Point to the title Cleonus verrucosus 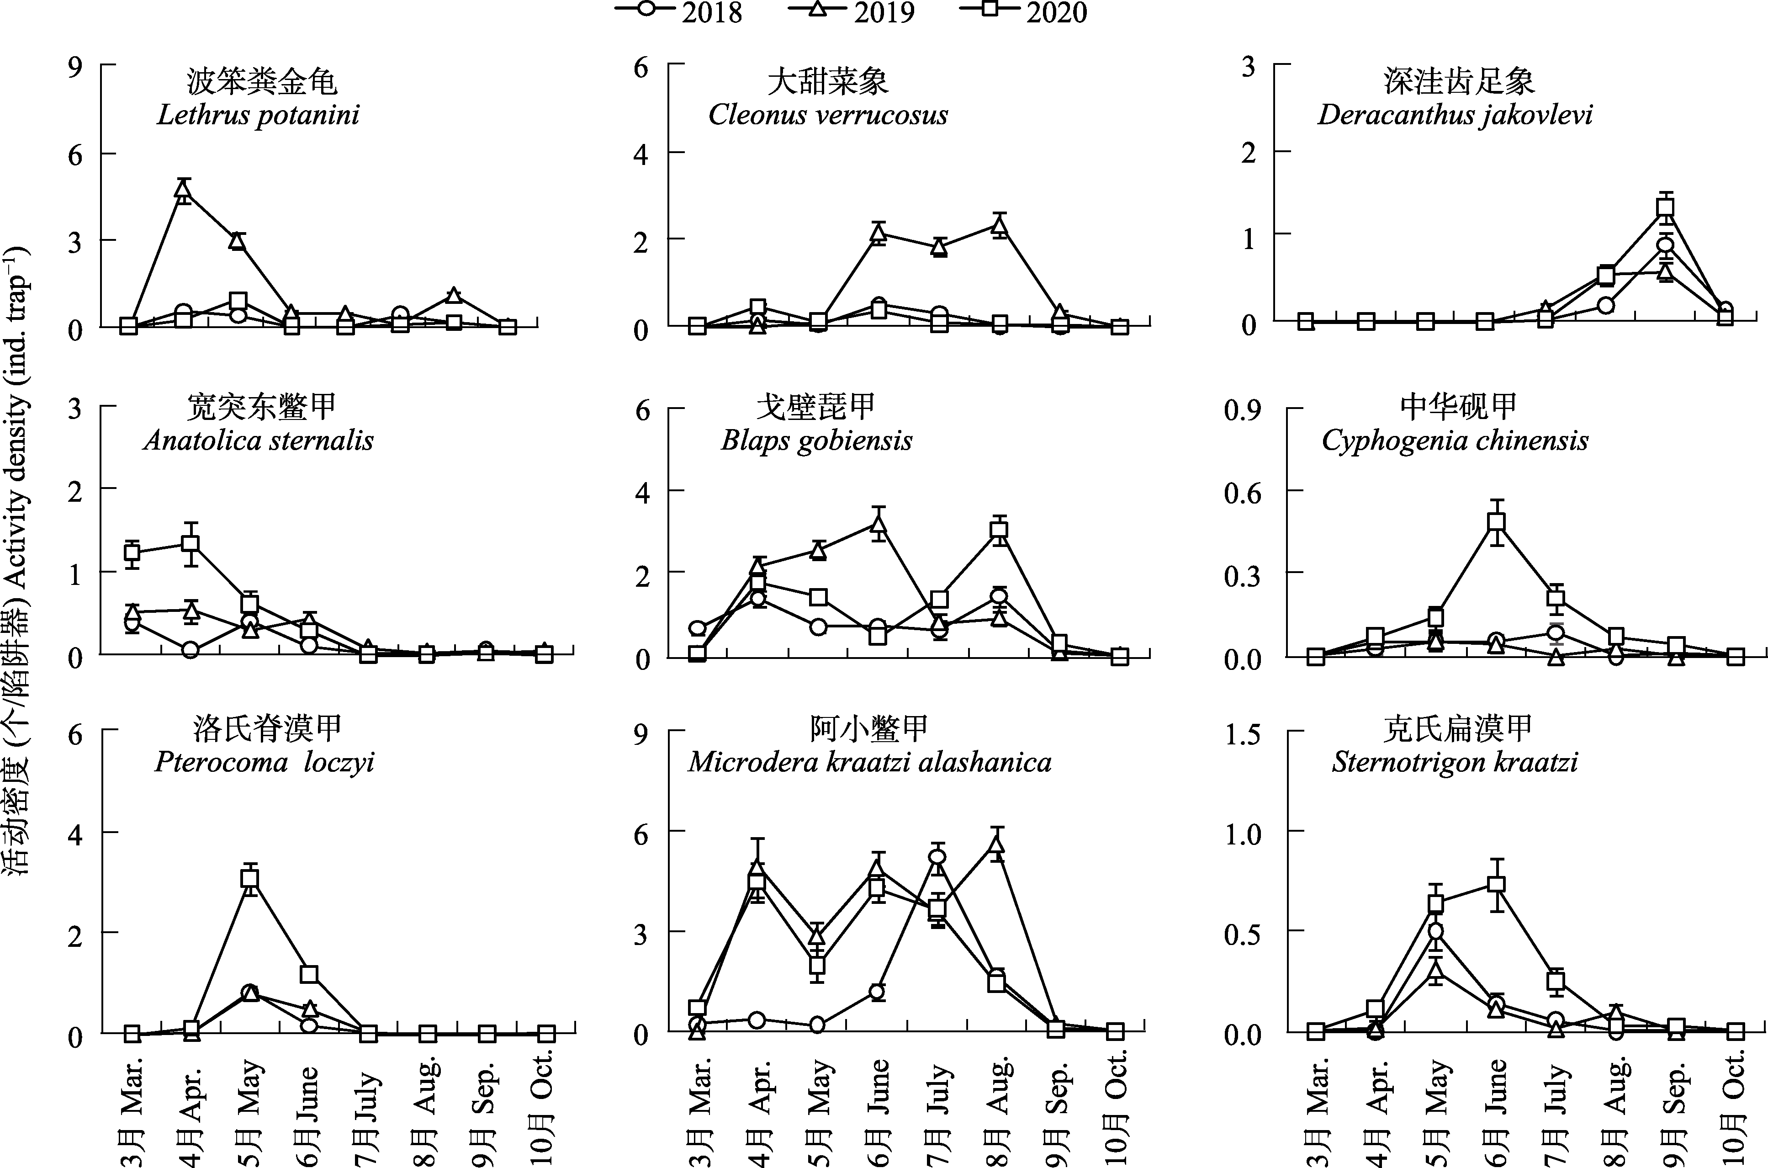click(827, 115)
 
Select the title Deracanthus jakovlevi click(1455, 115)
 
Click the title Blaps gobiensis click(816, 440)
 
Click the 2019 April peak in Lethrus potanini click(183, 189)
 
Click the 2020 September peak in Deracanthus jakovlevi click(1665, 208)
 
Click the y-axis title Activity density click(16, 566)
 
